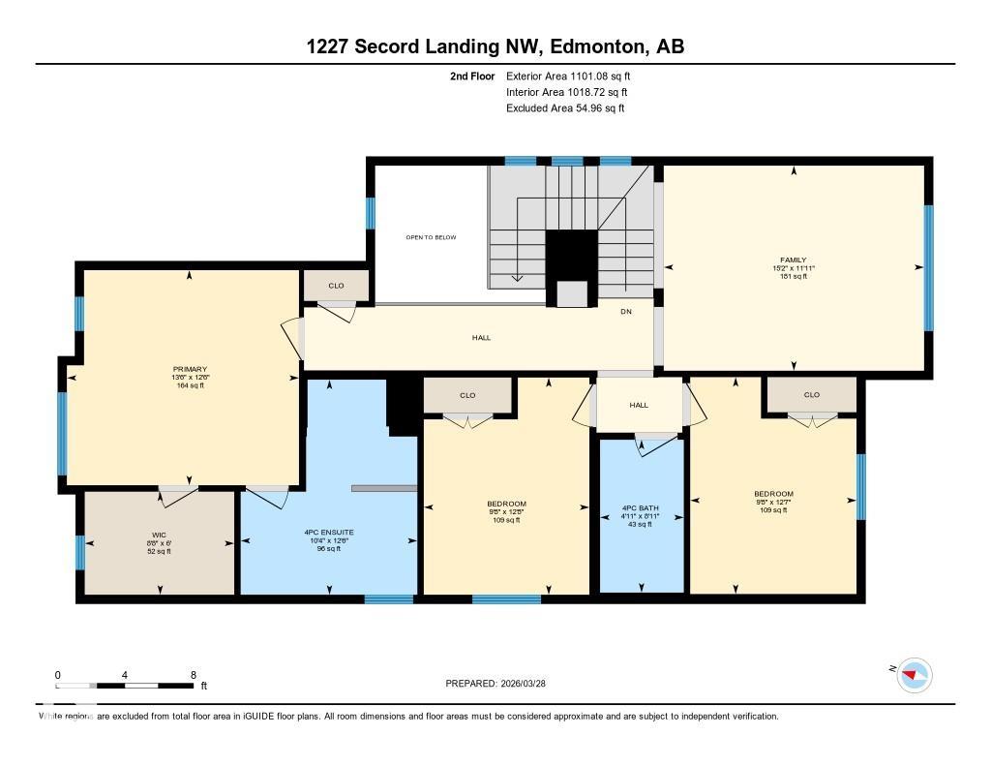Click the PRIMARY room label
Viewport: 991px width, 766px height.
coord(189,369)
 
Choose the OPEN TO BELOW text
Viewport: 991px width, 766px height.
coord(430,237)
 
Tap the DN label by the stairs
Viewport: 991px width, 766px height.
coord(626,311)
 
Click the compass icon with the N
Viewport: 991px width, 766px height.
coord(914,673)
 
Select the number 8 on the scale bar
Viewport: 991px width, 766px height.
coord(194,675)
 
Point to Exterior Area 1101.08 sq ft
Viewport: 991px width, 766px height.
coord(570,76)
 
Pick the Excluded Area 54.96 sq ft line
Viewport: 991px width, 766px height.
coord(564,108)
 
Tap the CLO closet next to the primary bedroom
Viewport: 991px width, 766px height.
coord(336,286)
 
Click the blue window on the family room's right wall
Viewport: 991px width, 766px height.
coord(928,268)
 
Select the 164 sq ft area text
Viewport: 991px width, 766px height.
coord(189,385)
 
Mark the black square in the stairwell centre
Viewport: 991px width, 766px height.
coord(571,256)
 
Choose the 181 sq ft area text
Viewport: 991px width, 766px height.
coord(793,276)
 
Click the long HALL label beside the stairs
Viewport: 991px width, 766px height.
coord(481,338)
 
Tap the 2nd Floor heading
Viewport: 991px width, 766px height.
coord(472,76)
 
